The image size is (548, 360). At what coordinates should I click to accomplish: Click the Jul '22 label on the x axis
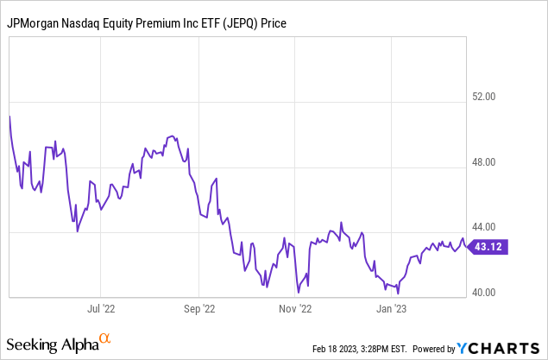(x=101, y=306)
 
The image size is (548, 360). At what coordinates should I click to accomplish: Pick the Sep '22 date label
(x=198, y=306)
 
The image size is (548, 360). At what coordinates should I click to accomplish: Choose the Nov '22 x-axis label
(x=295, y=306)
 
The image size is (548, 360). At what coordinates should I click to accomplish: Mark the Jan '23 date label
(x=392, y=306)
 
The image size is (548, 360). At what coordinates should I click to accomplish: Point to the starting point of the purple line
(x=9, y=115)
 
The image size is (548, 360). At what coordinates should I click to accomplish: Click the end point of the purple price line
(x=467, y=246)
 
